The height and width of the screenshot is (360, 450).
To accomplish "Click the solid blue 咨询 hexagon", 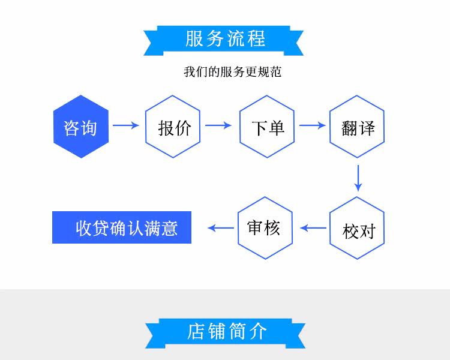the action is tap(81, 127).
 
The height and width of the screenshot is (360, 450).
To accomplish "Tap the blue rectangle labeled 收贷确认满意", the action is tap(122, 227).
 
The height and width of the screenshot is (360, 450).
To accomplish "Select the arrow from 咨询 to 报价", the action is tap(126, 125).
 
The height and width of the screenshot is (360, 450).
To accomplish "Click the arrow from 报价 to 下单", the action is tap(218, 125).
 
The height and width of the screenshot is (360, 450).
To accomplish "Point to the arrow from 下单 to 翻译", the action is tap(312, 125).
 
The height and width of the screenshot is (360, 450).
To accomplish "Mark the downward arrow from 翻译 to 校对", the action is tap(358, 178).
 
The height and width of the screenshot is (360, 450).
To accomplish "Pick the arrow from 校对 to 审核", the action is tap(313, 228).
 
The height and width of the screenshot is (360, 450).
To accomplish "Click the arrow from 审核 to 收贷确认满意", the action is tap(221, 228).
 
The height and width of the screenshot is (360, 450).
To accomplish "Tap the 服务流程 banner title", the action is tap(225, 38).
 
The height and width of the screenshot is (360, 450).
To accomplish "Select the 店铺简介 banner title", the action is tap(227, 331).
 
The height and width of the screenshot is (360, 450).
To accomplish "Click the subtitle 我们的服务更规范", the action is tap(232, 72).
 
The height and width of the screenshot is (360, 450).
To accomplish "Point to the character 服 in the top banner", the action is tap(194, 38).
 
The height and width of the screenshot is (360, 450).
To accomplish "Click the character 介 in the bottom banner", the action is tap(258, 331).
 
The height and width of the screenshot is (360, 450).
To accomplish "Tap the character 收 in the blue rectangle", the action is tap(84, 229).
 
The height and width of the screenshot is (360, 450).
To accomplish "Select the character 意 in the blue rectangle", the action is tap(169, 229).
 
